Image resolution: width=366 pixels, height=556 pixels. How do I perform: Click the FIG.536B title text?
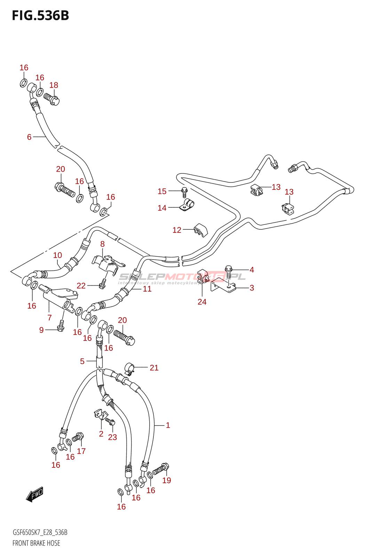(40, 15)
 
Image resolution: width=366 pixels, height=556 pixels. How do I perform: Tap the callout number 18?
(54, 85)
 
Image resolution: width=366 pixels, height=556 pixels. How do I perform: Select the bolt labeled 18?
(51, 99)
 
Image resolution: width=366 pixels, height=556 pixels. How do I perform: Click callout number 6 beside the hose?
(29, 137)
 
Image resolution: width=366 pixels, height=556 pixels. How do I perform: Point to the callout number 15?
(162, 191)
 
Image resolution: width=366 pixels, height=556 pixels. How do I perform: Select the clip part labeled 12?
(200, 230)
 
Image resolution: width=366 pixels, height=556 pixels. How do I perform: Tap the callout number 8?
(102, 244)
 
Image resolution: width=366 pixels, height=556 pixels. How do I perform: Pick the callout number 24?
(202, 302)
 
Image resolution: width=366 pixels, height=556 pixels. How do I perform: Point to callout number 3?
(252, 288)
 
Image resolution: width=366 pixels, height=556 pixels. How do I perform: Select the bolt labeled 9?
(61, 326)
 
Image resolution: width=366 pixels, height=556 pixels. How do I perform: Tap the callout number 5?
(82, 361)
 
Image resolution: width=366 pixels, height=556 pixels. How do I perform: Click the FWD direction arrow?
(34, 494)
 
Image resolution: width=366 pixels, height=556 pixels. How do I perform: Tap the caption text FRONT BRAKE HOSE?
(36, 543)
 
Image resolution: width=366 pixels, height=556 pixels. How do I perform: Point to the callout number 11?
(147, 289)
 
